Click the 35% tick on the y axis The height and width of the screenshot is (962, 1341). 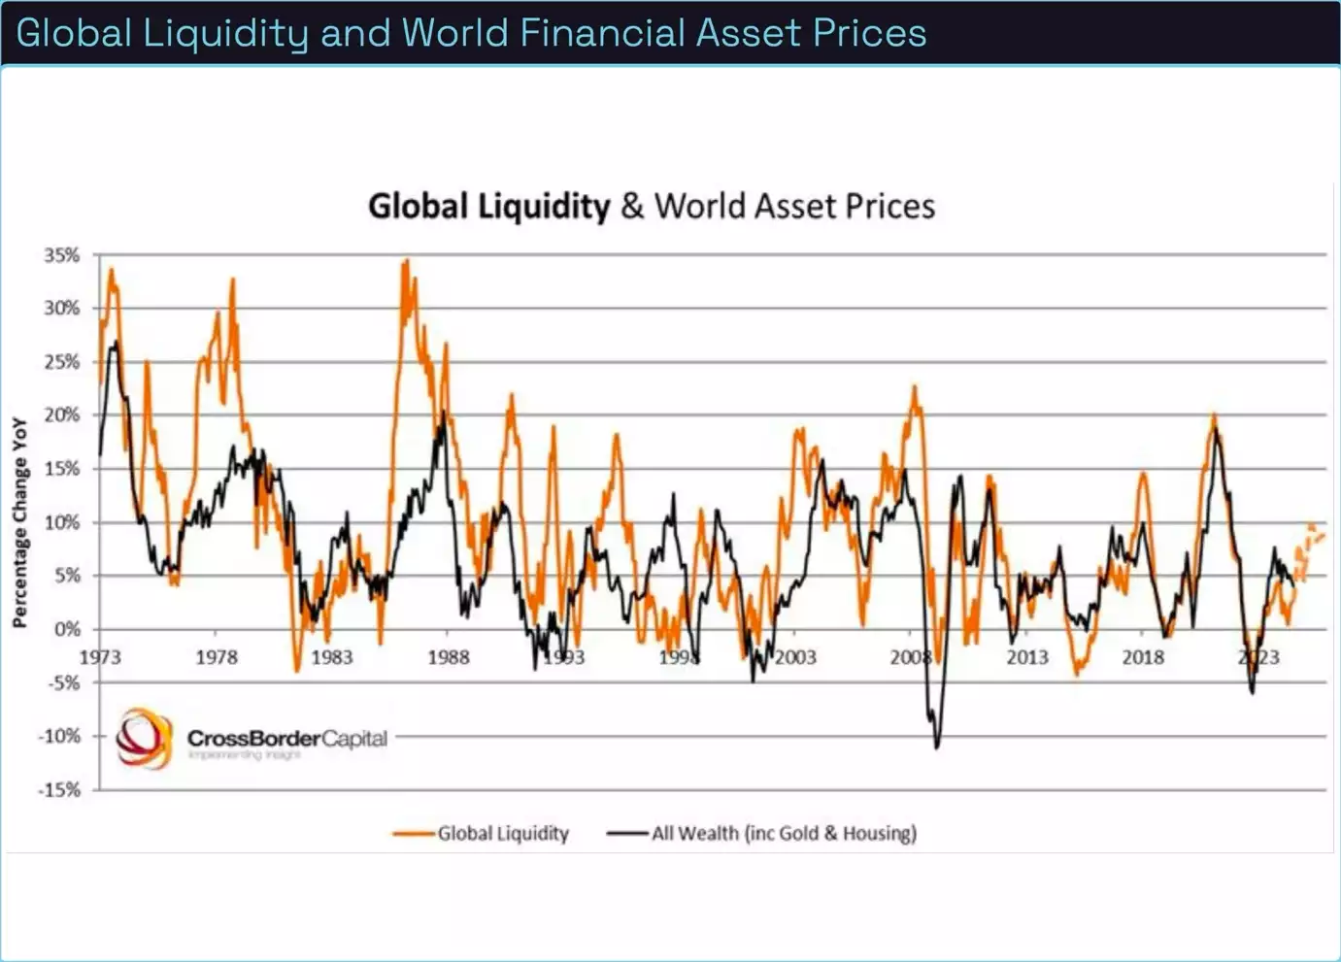[61, 255]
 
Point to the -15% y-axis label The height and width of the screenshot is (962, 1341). [59, 790]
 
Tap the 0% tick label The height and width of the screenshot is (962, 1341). [67, 629]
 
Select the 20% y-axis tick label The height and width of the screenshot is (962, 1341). [61, 415]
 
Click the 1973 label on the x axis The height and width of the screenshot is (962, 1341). [100, 657]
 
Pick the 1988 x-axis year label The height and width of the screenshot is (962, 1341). [448, 657]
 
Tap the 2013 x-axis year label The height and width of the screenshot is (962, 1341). [1026, 657]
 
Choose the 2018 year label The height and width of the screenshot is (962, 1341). [1143, 657]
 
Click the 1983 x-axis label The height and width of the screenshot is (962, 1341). [331, 657]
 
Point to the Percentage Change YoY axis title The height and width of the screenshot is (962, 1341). [19, 522]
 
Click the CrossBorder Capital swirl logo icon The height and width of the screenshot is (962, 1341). [144, 739]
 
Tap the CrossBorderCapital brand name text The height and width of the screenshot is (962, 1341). [287, 739]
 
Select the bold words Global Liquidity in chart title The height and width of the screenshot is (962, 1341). [488, 206]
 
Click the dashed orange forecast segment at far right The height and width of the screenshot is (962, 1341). [1312, 534]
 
